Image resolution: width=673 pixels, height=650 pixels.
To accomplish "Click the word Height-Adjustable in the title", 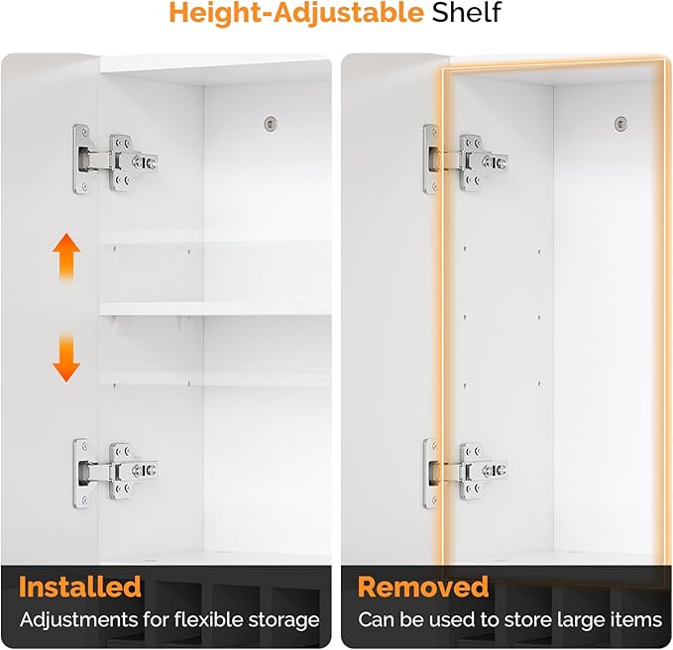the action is coord(296,14).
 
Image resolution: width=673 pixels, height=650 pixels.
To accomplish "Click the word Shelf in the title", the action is coord(467,13).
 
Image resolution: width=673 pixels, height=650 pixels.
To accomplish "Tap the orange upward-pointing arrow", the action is coord(66,258).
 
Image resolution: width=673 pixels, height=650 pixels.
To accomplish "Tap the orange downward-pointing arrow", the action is coord(66,358).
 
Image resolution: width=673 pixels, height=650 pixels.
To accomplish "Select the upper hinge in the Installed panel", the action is coord(115,160).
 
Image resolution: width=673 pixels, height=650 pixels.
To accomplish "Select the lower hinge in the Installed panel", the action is coord(115,473).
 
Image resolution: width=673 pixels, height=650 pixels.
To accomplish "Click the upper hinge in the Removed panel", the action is coord(466,160).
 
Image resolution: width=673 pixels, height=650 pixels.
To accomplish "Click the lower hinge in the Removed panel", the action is coord(466,473).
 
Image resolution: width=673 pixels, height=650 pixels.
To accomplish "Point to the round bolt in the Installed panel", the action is coord(270,124).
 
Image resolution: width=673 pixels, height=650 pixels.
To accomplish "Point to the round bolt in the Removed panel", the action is coord(620,124).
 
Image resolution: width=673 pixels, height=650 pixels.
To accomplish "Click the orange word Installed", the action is coord(80,587).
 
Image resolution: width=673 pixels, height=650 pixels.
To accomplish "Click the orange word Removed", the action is coord(423,587).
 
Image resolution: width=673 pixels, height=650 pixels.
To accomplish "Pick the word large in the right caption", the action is coord(581,620).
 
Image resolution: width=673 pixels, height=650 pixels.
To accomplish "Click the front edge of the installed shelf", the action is coord(215,309).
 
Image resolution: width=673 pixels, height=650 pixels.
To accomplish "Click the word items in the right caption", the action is coord(636,620).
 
